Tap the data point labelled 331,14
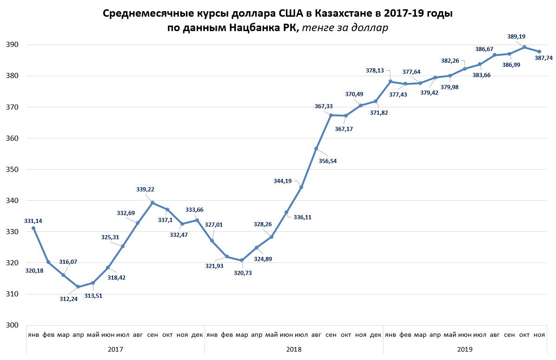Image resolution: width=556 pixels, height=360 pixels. click(x=33, y=228)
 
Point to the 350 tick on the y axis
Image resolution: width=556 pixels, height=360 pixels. click(x=12, y=170)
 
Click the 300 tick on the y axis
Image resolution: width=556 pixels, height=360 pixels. click(x=12, y=325)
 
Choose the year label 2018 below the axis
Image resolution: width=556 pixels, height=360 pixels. click(x=293, y=348)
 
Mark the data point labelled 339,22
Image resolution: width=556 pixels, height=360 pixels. click(x=152, y=203)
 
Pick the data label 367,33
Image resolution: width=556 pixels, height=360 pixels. click(x=324, y=106)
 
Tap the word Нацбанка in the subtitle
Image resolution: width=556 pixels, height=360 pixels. click(x=253, y=28)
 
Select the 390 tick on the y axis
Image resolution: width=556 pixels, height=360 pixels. click(x=12, y=45)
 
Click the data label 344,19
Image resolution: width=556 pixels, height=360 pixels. click(x=283, y=181)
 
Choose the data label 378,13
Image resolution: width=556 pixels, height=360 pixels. click(x=376, y=71)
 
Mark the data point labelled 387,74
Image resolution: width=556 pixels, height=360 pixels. click(x=539, y=52)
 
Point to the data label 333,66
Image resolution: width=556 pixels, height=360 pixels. click(x=195, y=210)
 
